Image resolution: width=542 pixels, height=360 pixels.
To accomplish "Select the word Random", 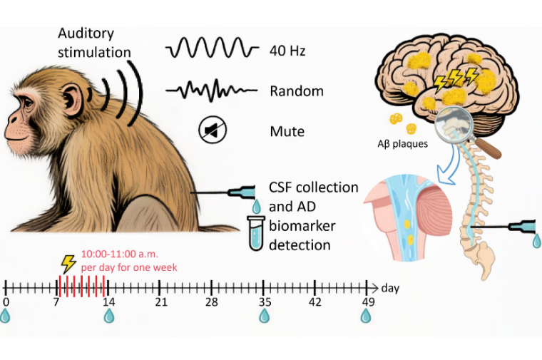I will tap(297, 91).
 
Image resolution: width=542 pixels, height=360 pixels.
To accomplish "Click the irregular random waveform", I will tap(211, 91).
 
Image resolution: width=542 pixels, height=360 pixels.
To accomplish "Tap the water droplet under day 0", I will tap(6, 315).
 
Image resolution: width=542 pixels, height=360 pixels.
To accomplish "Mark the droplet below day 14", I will tap(109, 315).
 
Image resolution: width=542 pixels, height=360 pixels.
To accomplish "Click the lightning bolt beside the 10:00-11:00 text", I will tap(69, 263).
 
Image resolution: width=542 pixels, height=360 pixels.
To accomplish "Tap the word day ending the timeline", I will tap(390, 288).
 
